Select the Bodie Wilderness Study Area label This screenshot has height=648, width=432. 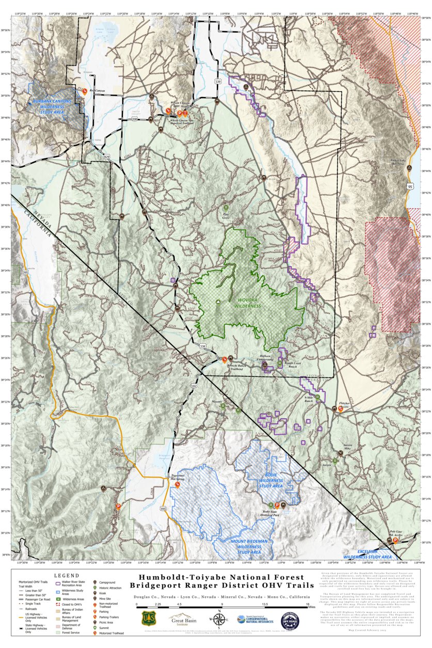pos(270,482)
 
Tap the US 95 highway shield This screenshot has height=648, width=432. pos(410,185)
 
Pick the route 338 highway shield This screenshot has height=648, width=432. pos(202,346)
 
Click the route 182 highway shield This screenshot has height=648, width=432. pos(194,386)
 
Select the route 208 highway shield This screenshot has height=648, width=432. pos(135,119)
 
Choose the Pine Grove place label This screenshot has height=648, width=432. pos(225,216)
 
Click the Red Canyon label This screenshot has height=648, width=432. pos(97,91)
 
